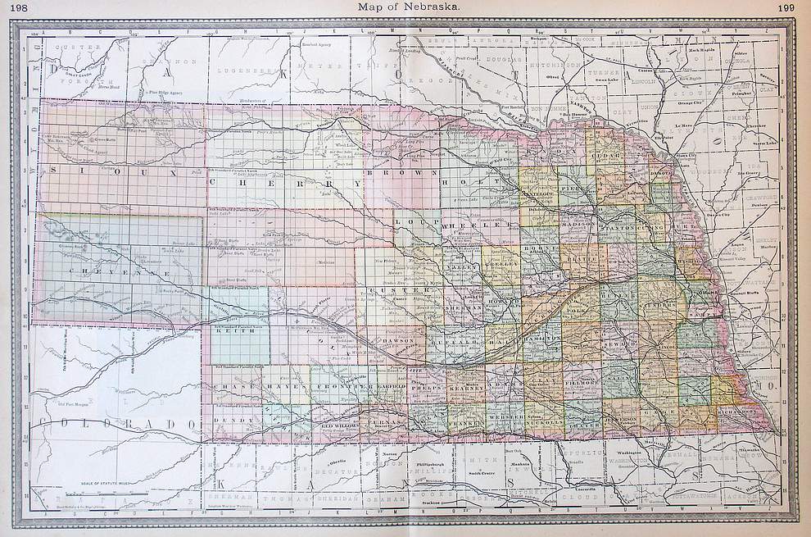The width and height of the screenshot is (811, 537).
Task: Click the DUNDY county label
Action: point(225,419)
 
